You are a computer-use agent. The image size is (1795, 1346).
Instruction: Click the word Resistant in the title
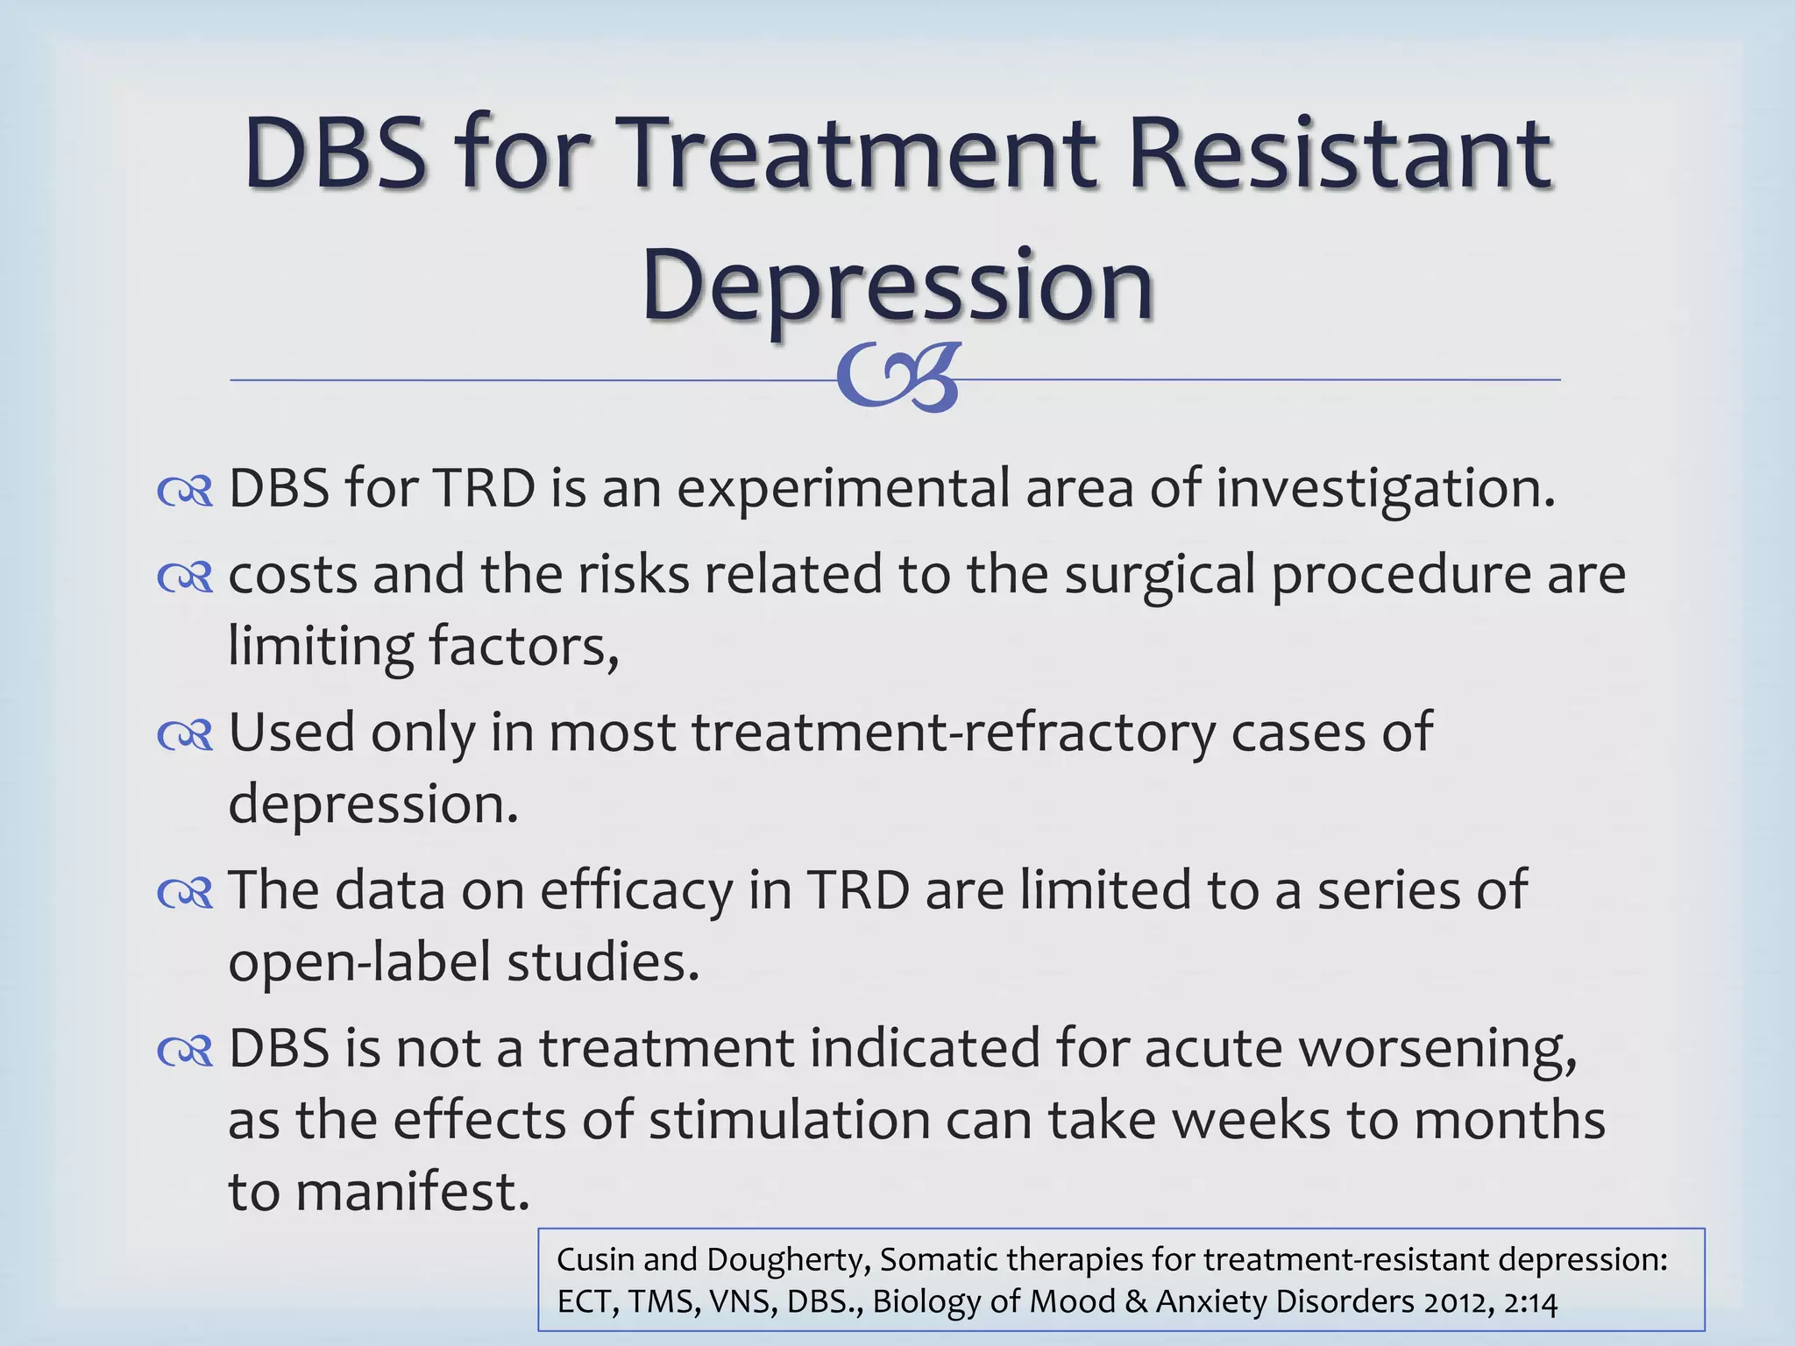1341,154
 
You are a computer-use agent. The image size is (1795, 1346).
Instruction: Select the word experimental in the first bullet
843,489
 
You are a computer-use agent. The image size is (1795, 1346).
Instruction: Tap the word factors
523,647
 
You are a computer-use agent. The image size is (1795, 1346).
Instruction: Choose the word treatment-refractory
954,733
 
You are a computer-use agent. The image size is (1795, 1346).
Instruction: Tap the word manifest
412,1192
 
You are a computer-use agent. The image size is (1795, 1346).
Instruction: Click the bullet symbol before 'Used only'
185,735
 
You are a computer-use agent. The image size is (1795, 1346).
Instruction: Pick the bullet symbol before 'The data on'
185,893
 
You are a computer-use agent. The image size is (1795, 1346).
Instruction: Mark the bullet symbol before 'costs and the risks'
185,577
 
